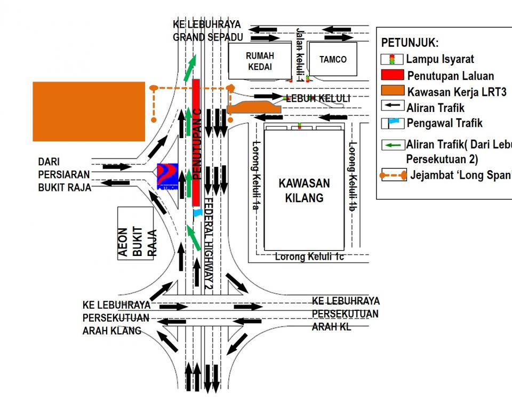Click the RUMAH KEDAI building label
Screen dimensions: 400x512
tap(259, 61)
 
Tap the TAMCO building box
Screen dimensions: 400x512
tap(333, 60)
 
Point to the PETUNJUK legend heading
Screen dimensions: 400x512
tap(410, 43)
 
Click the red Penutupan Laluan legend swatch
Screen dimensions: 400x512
tap(392, 75)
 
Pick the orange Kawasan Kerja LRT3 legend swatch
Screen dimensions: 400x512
tap(392, 91)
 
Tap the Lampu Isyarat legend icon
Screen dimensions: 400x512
tap(392, 59)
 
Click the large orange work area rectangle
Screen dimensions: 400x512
tap(89, 111)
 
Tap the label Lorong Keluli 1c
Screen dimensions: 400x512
tap(309, 257)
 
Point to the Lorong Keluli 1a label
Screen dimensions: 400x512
tap(255, 175)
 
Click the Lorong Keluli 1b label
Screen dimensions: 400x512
tap(352, 172)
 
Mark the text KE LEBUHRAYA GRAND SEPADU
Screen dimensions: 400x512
tap(207, 31)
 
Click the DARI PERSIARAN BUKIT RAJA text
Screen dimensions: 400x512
tap(64, 174)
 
